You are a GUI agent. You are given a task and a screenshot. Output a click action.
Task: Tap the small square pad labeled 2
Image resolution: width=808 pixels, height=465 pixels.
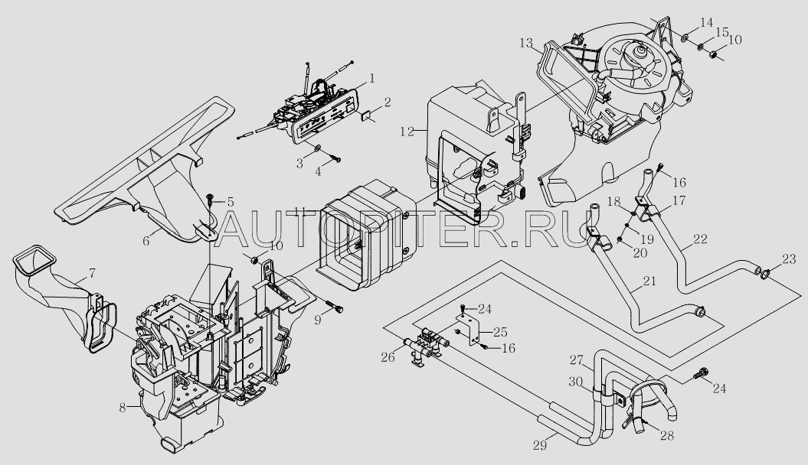[365, 117]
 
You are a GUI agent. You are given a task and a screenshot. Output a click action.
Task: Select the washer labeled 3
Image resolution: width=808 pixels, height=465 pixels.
[317, 146]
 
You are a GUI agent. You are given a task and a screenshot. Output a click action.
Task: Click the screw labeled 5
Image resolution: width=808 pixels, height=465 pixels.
[209, 200]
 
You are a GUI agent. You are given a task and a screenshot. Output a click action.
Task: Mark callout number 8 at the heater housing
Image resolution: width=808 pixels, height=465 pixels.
[122, 408]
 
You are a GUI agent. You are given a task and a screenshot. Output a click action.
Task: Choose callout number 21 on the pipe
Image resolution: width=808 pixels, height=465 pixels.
[649, 282]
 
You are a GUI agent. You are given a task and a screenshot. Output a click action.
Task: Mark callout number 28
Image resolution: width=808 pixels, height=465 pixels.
[668, 436]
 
